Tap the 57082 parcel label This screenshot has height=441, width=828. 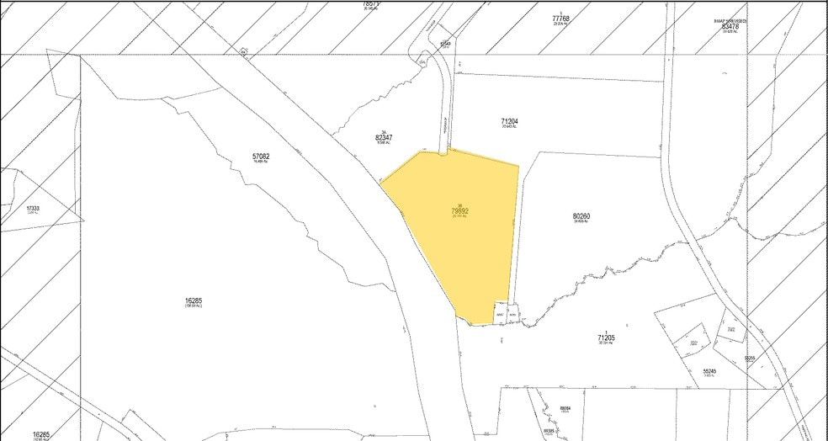point(261,157)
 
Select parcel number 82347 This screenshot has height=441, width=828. point(384,137)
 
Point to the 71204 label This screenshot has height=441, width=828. point(508,122)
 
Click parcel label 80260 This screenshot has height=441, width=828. point(581,216)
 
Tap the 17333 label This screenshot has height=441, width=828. point(33,208)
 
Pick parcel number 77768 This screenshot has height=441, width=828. point(561,18)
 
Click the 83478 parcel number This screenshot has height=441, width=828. point(730,27)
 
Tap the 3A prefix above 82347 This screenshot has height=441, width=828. point(383,130)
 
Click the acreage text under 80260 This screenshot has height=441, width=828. point(581,223)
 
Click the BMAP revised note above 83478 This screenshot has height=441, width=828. point(729,20)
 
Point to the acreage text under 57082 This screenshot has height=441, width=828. point(261,163)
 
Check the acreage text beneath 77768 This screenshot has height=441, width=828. point(561,24)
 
